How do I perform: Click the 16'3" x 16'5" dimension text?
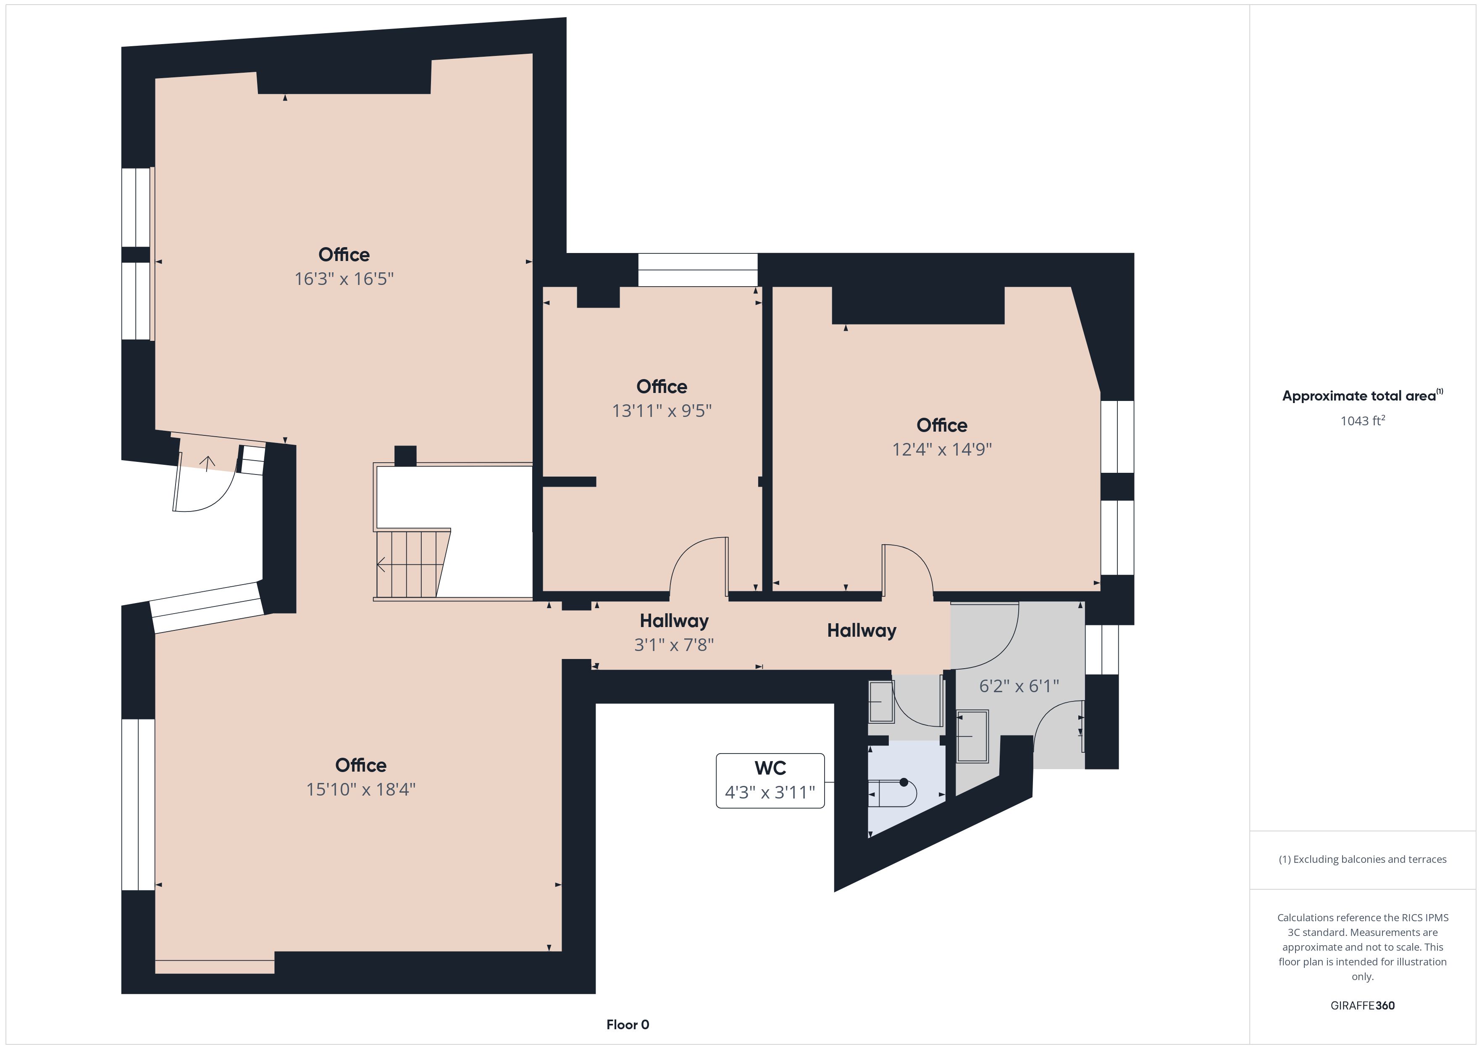[x=344, y=279]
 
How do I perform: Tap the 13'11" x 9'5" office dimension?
[x=662, y=411]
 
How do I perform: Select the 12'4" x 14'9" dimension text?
[x=942, y=450]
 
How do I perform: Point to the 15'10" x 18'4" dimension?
[x=361, y=789]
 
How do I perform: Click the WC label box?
[x=770, y=780]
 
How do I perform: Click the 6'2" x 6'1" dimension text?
[x=1019, y=686]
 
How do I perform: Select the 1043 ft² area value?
[x=1363, y=421]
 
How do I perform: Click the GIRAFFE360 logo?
[x=1363, y=1006]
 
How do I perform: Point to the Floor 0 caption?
[x=628, y=1025]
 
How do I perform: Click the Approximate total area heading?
[x=1363, y=395]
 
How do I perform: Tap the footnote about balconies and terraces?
[x=1363, y=859]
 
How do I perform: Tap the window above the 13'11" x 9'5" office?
[x=698, y=270]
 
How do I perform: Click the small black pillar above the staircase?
[x=405, y=456]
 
